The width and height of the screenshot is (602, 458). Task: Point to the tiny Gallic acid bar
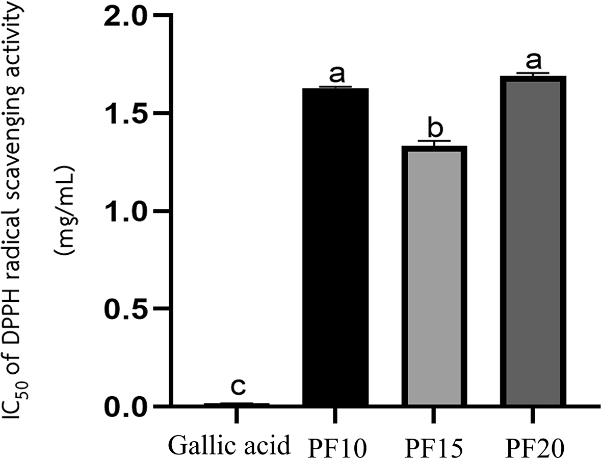(x=237, y=404)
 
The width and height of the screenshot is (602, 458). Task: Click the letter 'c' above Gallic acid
(x=237, y=388)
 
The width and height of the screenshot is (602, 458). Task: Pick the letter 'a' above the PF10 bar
(x=335, y=75)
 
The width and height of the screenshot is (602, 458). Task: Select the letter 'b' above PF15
(x=434, y=129)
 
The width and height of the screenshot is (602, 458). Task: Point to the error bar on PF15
(x=434, y=142)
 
